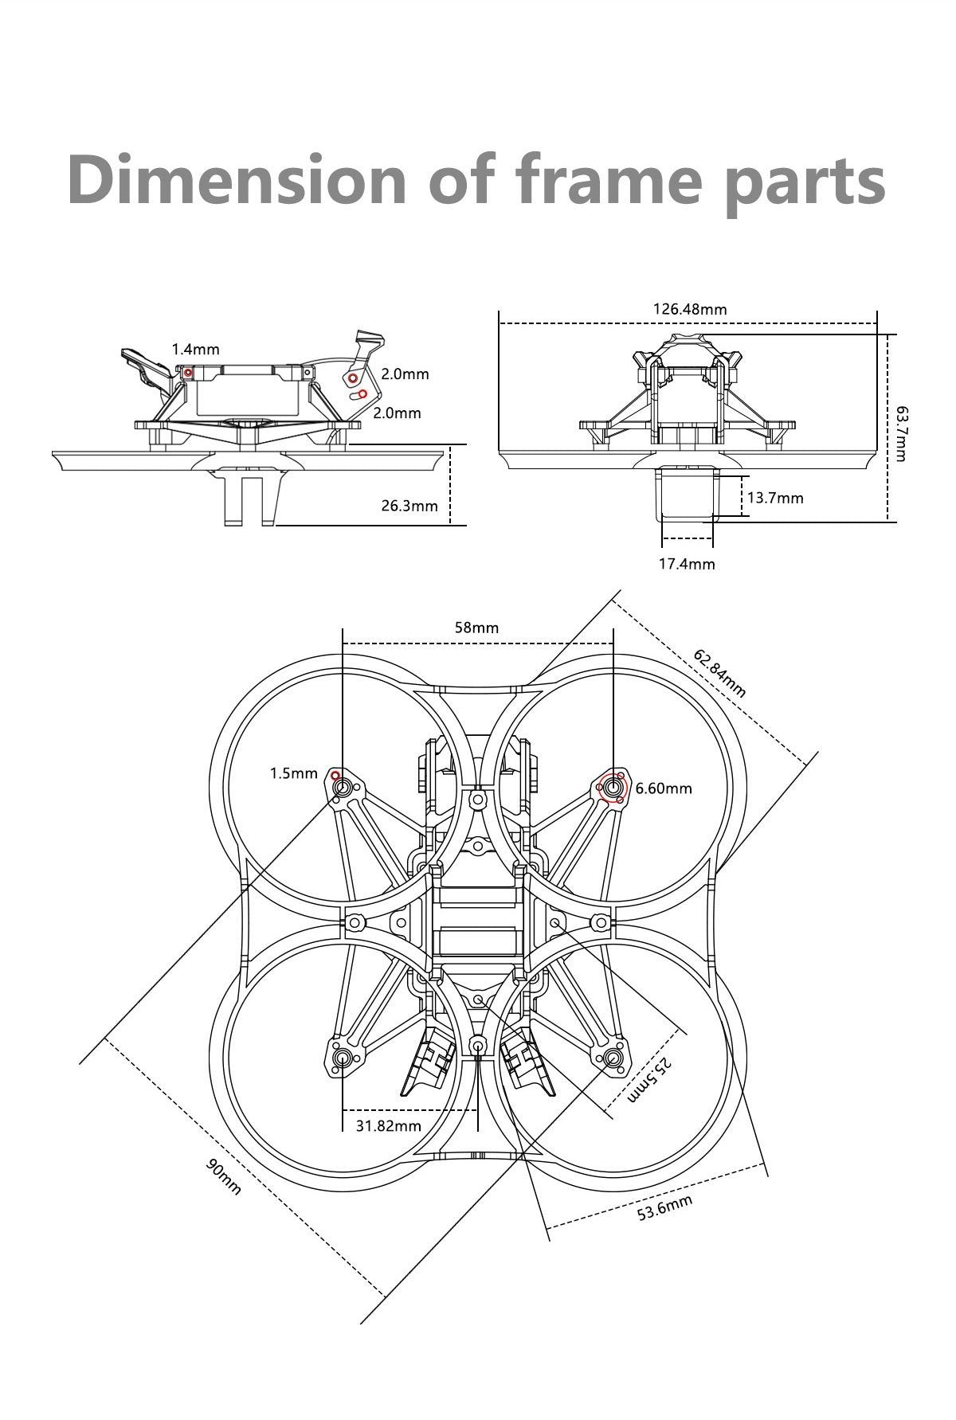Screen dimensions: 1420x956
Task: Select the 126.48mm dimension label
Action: coord(690,309)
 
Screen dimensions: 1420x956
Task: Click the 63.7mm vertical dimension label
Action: coord(900,433)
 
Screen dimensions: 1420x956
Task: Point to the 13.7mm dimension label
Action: coord(775,498)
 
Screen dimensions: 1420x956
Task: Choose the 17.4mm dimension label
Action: coord(687,564)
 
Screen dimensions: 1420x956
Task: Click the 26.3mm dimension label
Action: coord(409,505)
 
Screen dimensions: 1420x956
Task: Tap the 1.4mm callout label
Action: coord(195,349)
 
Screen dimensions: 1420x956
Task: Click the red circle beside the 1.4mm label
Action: coord(188,372)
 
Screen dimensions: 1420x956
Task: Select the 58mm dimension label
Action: coord(476,628)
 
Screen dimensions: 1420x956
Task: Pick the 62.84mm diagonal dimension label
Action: coord(719,673)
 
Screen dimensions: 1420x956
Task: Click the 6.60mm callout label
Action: coord(664,788)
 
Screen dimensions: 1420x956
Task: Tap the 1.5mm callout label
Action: coord(293,773)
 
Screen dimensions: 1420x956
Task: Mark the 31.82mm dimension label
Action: coord(389,1125)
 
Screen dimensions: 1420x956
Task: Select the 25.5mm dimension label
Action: coord(650,1080)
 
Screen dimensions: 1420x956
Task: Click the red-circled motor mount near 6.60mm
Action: coord(613,787)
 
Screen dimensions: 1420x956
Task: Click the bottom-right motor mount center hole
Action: coord(613,1057)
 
